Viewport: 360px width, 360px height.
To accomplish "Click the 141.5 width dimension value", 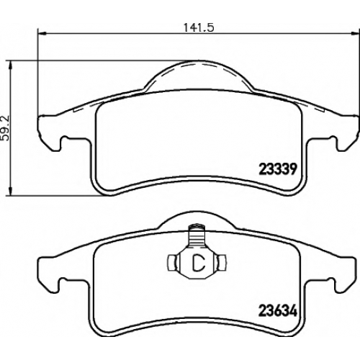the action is coord(199,27).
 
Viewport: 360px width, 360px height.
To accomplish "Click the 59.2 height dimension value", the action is coord(5,128).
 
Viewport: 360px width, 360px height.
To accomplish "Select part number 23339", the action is coord(278,170).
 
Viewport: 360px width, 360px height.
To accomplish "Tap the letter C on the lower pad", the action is coord(199,262).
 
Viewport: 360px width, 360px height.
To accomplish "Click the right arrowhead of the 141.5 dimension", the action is coord(356,34).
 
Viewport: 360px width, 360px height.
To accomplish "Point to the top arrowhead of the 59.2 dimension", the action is coord(10,65).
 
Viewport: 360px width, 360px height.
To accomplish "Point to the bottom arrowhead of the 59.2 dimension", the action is coord(10,191).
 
